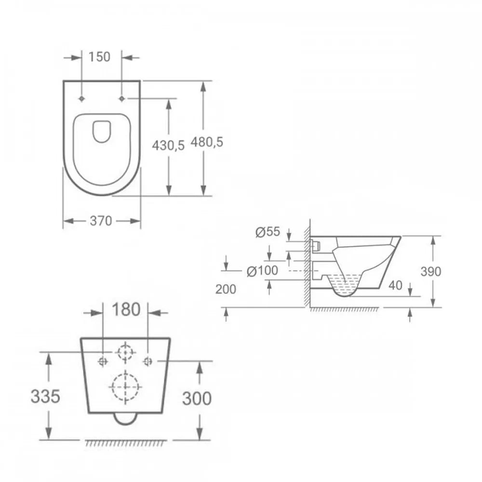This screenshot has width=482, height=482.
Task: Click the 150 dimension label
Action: (99, 57)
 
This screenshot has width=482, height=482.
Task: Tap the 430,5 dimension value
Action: (168, 146)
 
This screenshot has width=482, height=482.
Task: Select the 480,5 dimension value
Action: (207, 142)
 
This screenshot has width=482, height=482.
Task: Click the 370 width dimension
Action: (101, 221)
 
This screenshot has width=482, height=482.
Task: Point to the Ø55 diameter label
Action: (268, 232)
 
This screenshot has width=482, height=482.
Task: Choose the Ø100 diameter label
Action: (263, 271)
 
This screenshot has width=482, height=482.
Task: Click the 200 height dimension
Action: (226, 289)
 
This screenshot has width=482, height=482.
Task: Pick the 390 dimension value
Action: (430, 271)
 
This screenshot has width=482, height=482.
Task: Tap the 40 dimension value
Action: (395, 285)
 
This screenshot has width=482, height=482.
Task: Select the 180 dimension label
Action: (126, 309)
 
